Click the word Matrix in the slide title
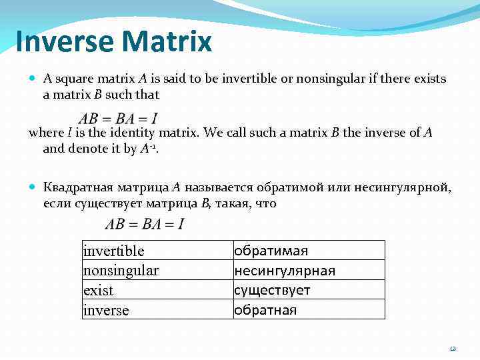pyautogui.click(x=168, y=41)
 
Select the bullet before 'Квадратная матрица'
pyautogui.click(x=33, y=189)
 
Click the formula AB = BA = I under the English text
pyautogui.click(x=118, y=119)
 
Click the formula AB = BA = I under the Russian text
pyautogui.click(x=145, y=224)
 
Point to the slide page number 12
pyautogui.click(x=453, y=348)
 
